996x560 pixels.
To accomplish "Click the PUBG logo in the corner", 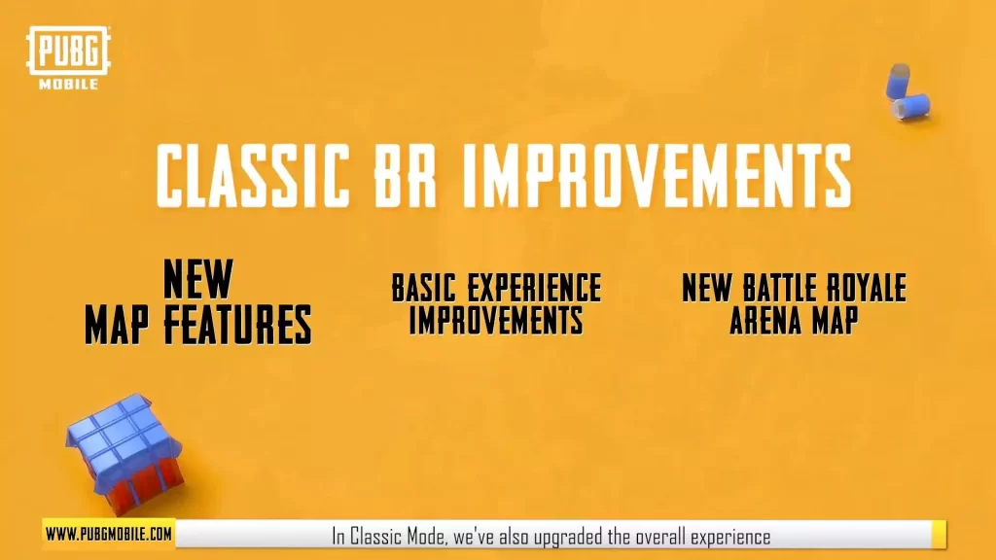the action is click(68, 51).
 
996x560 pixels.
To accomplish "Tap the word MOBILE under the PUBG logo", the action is click(69, 84).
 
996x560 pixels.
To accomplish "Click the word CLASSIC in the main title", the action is click(253, 176).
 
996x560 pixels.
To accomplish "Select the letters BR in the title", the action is click(405, 176).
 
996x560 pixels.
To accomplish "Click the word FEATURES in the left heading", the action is click(237, 325).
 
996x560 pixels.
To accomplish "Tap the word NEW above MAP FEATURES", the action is click(197, 279).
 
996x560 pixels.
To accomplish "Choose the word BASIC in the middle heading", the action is click(424, 289).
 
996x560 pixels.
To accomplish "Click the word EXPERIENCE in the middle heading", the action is click(534, 289).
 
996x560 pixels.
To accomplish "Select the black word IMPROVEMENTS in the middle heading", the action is click(496, 320).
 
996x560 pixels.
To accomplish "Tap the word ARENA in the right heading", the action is click(760, 320).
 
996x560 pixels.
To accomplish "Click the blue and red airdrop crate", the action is click(125, 452).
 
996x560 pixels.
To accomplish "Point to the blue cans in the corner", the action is click(907, 92).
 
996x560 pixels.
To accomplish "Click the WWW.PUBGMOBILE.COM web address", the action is click(109, 534).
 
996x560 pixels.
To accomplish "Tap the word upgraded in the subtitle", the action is click(568, 537).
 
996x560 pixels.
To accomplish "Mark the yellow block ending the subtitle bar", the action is click(939, 534).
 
